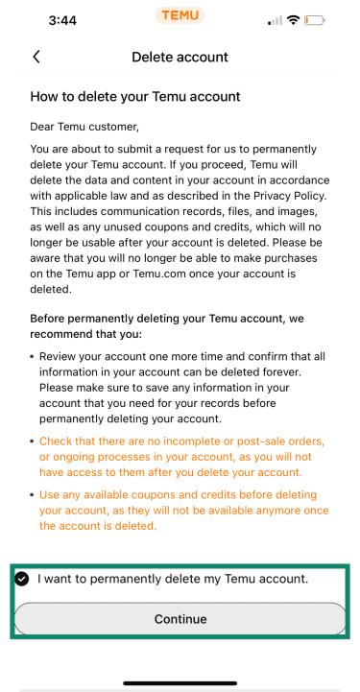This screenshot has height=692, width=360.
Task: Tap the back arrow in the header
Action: click(36, 57)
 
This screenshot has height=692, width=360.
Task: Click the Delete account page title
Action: click(180, 57)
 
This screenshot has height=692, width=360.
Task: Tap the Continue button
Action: click(180, 619)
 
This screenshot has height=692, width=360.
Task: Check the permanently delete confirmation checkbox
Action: click(21, 579)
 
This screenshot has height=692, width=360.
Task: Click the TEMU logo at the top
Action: click(180, 16)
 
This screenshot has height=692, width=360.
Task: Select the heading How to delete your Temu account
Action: click(134, 97)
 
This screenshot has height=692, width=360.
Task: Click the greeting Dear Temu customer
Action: click(84, 127)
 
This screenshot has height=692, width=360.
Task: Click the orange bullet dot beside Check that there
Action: click(34, 441)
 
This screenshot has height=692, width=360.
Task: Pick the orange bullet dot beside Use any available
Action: click(34, 495)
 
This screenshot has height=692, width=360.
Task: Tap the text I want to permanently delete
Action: click(173, 579)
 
